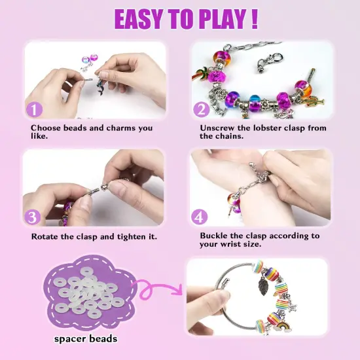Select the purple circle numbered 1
(34, 108)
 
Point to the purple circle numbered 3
(34, 216)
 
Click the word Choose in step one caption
(46, 128)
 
